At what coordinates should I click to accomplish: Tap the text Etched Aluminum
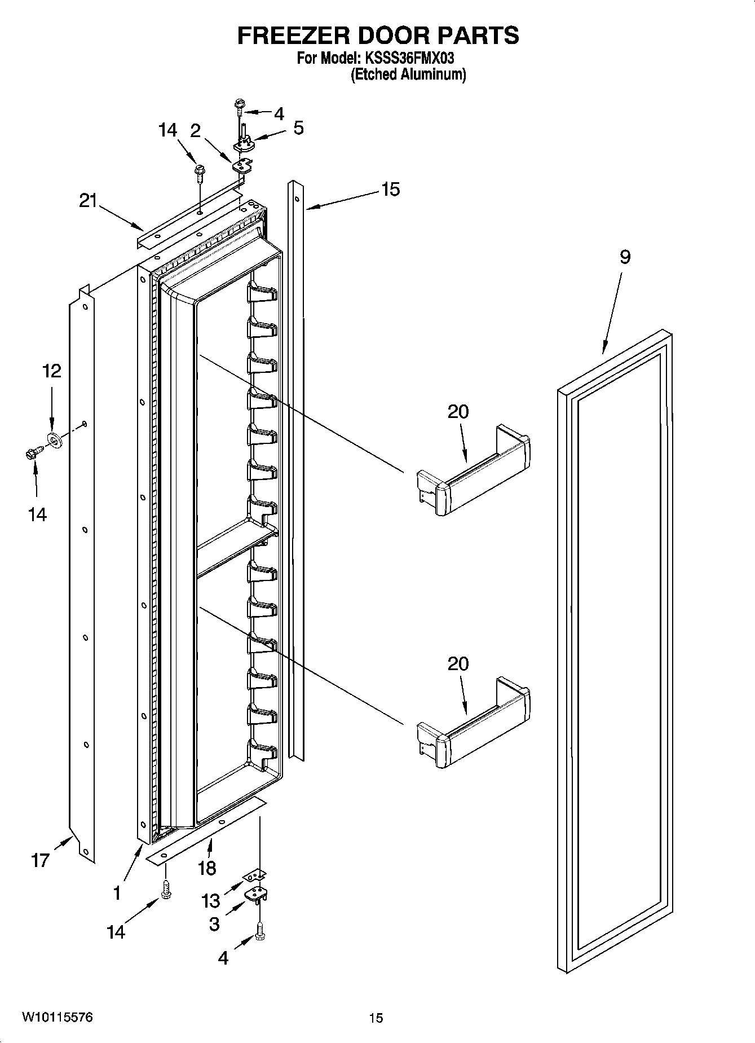pyautogui.click(x=408, y=74)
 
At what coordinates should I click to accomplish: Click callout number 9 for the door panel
pyautogui.click(x=625, y=257)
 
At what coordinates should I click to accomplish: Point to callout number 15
pyautogui.click(x=390, y=190)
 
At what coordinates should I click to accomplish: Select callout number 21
pyautogui.click(x=89, y=201)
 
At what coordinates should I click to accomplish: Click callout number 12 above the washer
pyautogui.click(x=52, y=371)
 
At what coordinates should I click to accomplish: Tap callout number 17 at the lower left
pyautogui.click(x=41, y=861)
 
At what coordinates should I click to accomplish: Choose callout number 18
pyautogui.click(x=207, y=868)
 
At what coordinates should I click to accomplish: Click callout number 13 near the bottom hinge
pyautogui.click(x=211, y=901)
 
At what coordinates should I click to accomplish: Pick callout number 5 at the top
pyautogui.click(x=298, y=128)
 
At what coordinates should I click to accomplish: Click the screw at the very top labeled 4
pyautogui.click(x=239, y=105)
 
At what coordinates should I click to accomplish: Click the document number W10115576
pyautogui.click(x=58, y=1017)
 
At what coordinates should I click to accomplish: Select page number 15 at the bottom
pyautogui.click(x=376, y=1018)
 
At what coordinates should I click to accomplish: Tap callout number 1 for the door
pyautogui.click(x=117, y=893)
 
